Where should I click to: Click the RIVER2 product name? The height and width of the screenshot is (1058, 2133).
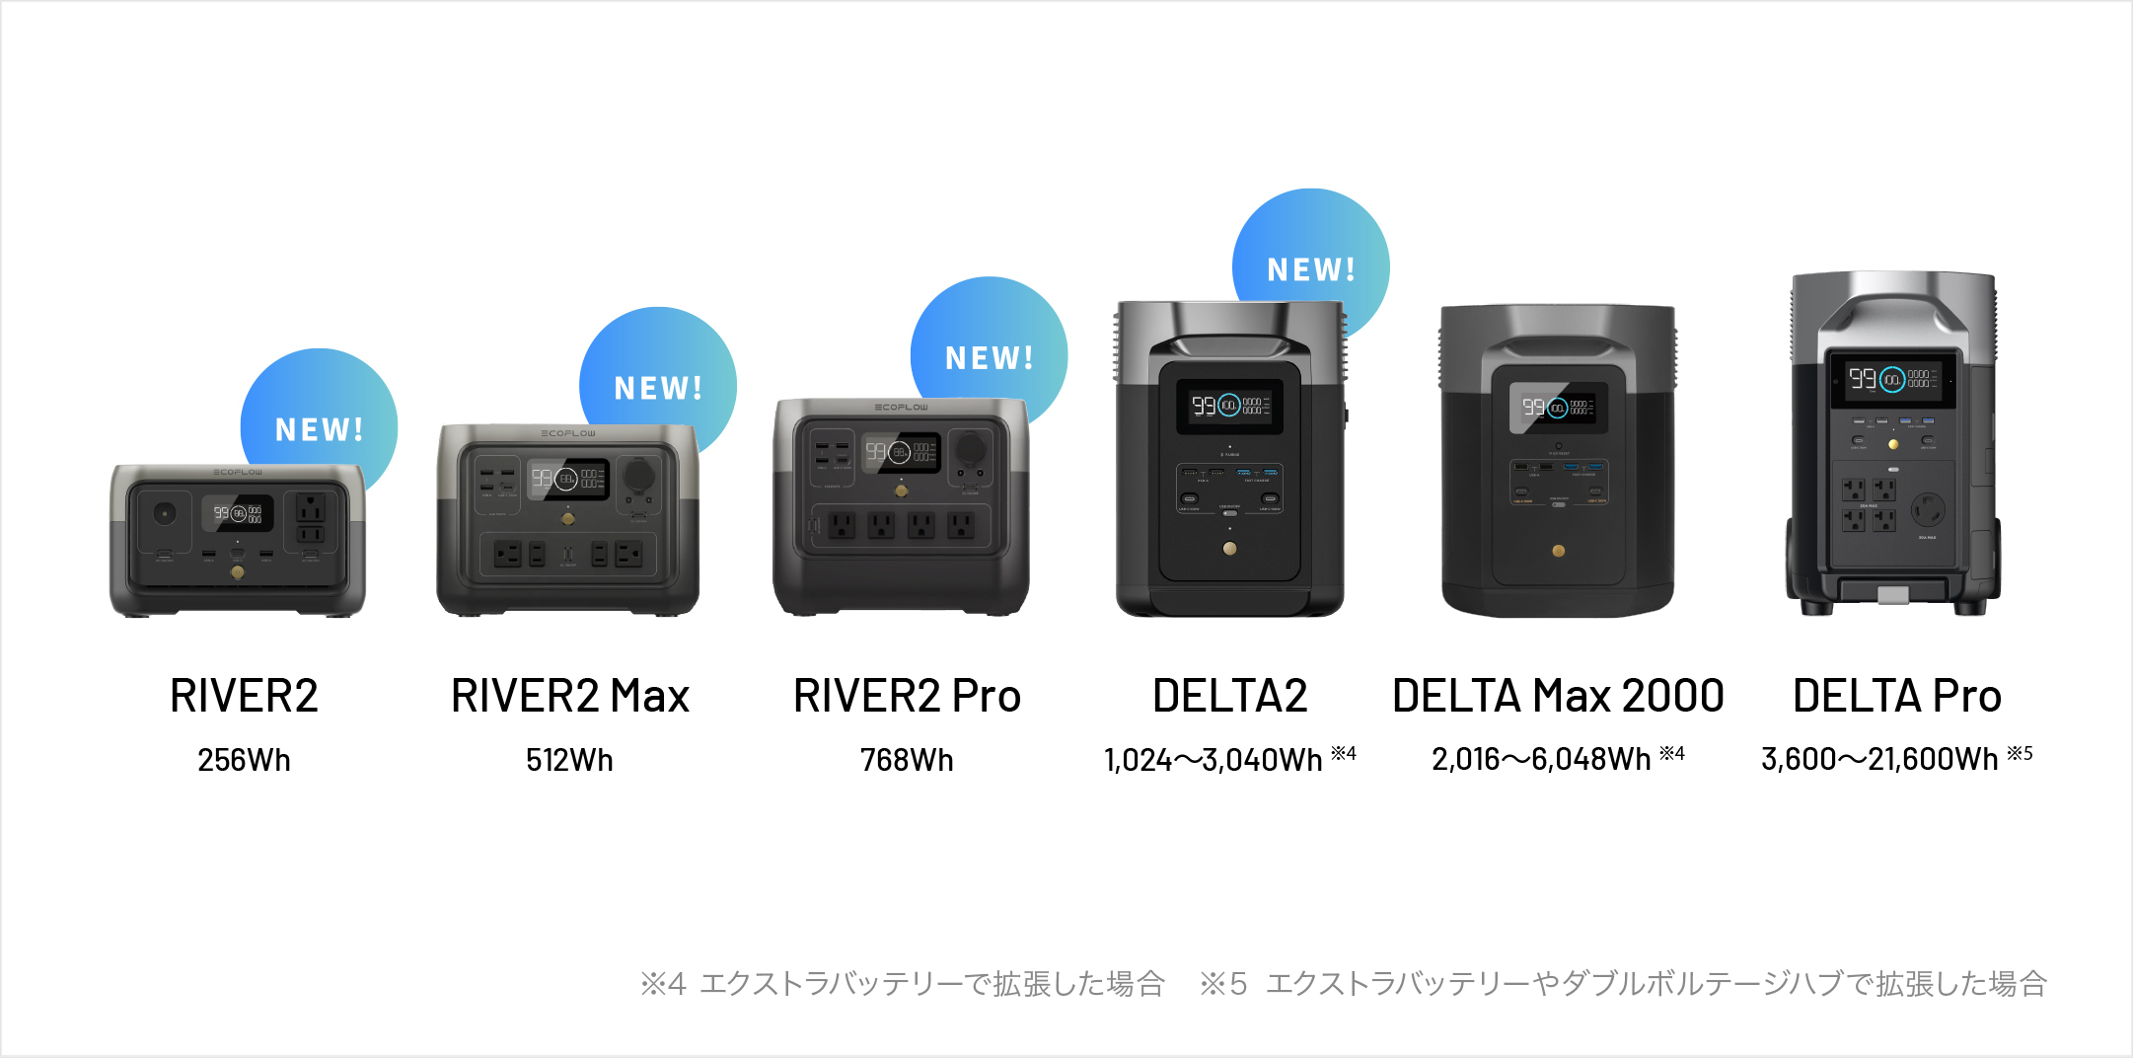click(x=244, y=696)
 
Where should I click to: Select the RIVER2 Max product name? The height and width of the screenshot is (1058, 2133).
click(x=569, y=696)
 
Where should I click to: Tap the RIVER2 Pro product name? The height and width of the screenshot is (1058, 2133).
click(x=907, y=696)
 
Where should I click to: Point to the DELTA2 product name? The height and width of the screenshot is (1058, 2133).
click(x=1229, y=696)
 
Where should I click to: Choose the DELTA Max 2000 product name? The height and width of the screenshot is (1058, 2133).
click(x=1558, y=696)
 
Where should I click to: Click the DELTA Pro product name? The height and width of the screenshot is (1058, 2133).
click(x=1896, y=696)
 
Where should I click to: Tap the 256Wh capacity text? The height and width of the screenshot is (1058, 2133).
click(x=244, y=760)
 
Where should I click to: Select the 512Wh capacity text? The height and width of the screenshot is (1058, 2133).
click(x=569, y=760)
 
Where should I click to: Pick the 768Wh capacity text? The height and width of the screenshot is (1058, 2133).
click(x=907, y=760)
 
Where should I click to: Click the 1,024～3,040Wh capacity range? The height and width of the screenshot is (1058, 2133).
click(x=1214, y=760)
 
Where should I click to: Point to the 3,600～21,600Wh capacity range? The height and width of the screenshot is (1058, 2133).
click(x=1879, y=759)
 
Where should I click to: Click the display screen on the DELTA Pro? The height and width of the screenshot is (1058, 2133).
click(x=1892, y=379)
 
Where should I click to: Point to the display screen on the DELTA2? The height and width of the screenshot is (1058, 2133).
click(x=1229, y=405)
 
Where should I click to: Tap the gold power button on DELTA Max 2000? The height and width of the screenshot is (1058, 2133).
click(x=1558, y=551)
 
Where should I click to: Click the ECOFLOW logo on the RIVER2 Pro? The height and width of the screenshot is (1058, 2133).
click(x=901, y=408)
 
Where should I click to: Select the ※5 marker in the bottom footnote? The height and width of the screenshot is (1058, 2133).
click(x=1223, y=984)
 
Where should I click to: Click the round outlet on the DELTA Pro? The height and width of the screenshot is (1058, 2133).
click(x=1927, y=510)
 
